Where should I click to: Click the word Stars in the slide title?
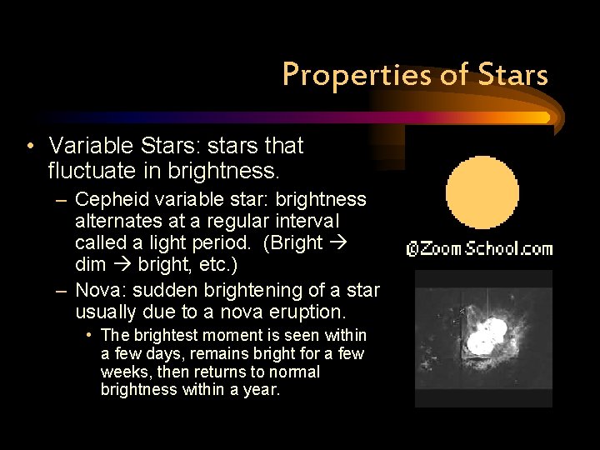coord(513,75)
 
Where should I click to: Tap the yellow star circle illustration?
coord(482,192)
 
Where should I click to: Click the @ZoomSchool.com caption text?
coord(479,248)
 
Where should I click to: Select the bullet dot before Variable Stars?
coord(29,146)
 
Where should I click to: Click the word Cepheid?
coord(108,200)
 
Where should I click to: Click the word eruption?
coord(309,312)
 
